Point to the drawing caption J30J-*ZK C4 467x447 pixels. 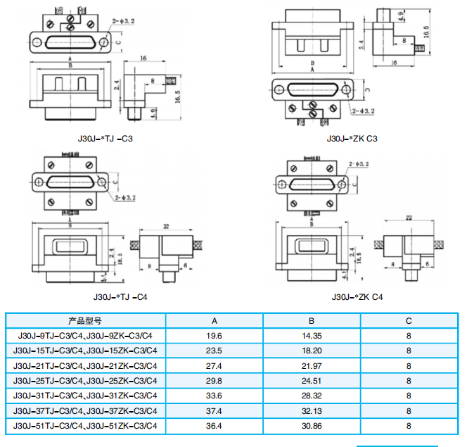[357, 296]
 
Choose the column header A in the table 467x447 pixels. [214, 320]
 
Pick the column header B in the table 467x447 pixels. [312, 320]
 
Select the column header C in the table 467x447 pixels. [409, 320]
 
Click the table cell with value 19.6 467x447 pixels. [214, 336]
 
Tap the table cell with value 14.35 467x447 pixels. [312, 336]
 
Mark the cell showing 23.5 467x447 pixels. [214, 351]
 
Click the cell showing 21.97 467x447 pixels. [312, 365]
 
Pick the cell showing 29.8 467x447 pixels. [214, 381]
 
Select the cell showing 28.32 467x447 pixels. [312, 396]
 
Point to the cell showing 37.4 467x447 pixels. [214, 410]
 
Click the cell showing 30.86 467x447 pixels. [312, 426]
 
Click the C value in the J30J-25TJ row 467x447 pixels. [409, 381]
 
